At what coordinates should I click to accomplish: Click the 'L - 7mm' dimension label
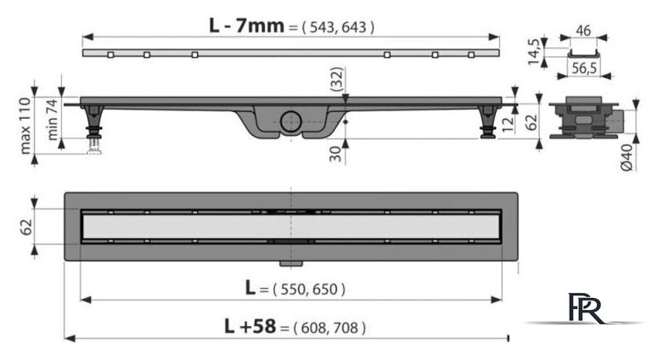point(247,25)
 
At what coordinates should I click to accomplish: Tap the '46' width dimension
point(583,31)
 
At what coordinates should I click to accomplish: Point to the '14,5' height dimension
point(533,52)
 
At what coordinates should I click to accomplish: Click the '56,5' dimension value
point(584,68)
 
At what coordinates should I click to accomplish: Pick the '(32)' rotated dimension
point(336,79)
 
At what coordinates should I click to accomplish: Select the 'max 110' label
point(25,126)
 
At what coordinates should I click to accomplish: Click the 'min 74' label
point(52,119)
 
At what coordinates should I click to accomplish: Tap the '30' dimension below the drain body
point(335,154)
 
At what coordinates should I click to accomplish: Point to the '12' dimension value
point(508,124)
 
